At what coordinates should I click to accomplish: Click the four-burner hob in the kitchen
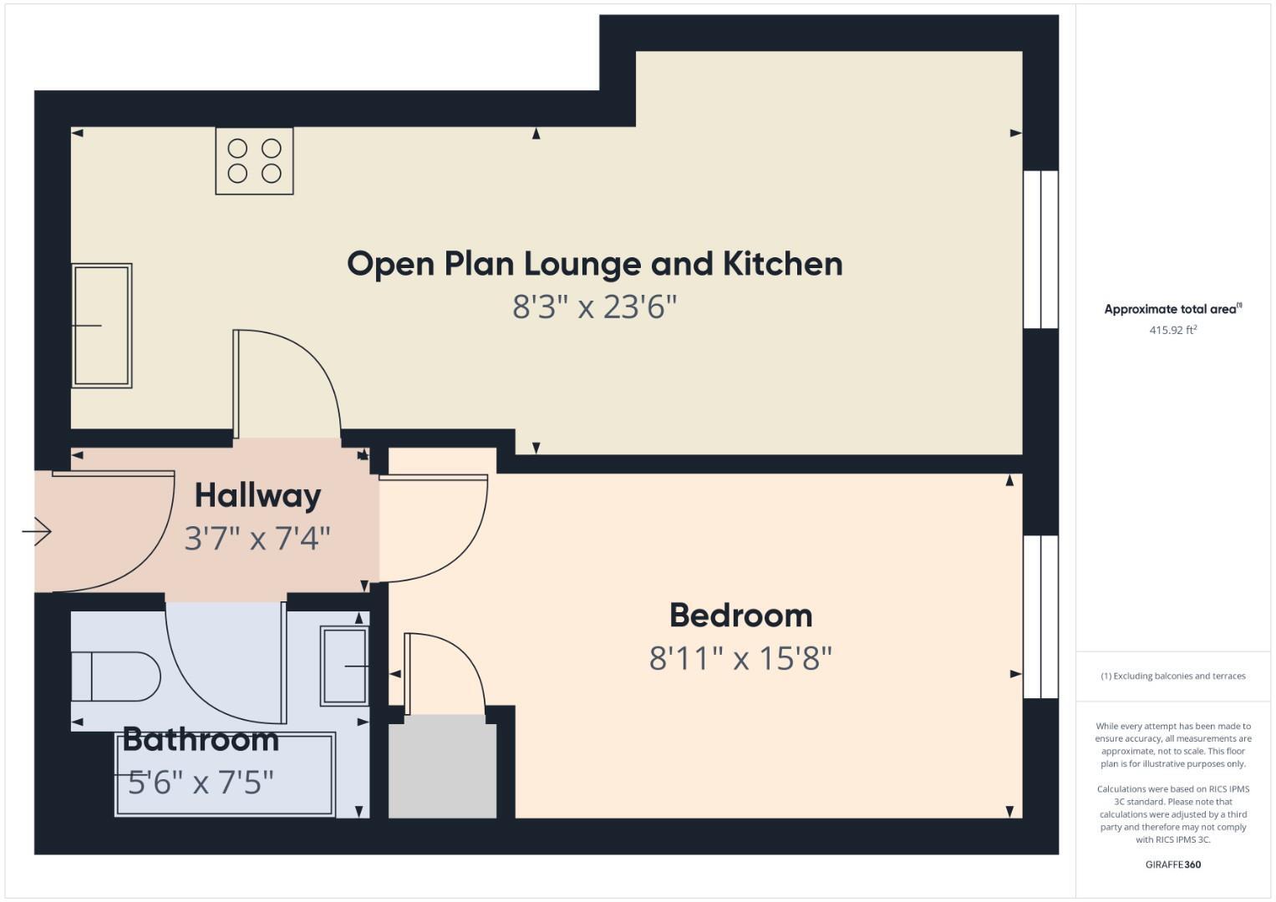(254, 161)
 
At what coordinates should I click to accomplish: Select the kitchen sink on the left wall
(101, 326)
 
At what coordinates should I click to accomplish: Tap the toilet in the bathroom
(115, 676)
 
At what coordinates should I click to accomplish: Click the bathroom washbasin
(344, 666)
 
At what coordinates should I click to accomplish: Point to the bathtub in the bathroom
(225, 774)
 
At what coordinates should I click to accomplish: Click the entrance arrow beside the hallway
(37, 531)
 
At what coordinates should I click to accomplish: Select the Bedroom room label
(740, 616)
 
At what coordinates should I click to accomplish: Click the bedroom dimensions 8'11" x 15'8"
(740, 659)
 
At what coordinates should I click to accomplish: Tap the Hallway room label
(257, 495)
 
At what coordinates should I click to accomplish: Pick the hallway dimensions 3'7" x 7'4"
(257, 539)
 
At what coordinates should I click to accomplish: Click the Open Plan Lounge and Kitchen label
(594, 264)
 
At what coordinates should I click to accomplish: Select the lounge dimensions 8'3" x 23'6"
(594, 307)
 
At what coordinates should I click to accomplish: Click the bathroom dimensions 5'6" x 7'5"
(201, 783)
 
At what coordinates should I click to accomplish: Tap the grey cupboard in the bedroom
(443, 770)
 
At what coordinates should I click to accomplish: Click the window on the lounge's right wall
(1041, 250)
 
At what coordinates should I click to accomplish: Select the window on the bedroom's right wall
(1041, 617)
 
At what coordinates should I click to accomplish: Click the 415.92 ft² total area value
(1172, 330)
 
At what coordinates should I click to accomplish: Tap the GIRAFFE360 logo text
(1172, 864)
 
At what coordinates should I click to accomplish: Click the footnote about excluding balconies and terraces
(1172, 676)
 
